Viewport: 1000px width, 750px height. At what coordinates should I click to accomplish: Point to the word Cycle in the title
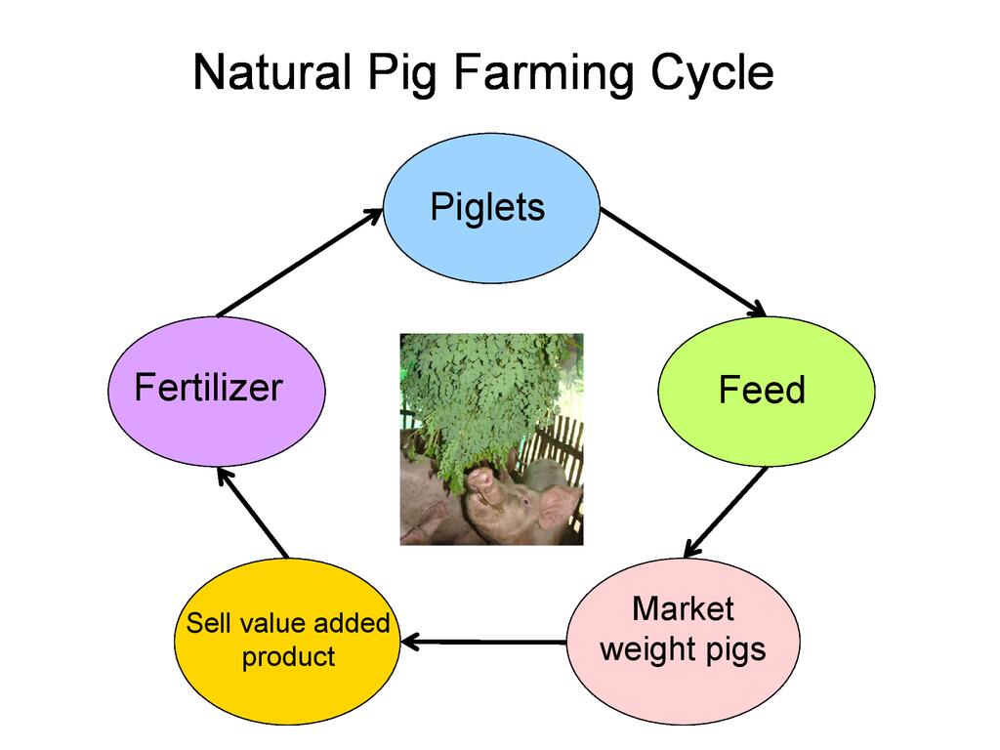coord(710,74)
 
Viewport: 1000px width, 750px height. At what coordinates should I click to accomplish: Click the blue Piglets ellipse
coord(489,208)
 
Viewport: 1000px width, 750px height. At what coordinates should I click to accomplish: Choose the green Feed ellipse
coord(766,391)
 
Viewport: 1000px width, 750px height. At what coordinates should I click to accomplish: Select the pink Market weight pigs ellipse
coord(683,641)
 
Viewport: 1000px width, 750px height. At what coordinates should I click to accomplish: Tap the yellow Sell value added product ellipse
coord(288,641)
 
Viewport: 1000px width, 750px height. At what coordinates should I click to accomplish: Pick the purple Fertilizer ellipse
coord(215,391)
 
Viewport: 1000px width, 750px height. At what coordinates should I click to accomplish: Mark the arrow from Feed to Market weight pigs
coord(725,513)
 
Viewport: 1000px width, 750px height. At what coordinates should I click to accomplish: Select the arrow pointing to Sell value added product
coord(483,642)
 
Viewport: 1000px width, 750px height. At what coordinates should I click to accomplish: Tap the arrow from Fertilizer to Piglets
coord(299,262)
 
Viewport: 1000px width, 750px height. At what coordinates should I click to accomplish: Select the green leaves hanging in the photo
coord(479,391)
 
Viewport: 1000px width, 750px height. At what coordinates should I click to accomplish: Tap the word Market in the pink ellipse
coord(683,609)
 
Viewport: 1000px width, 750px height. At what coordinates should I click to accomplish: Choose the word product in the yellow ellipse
coord(288,657)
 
